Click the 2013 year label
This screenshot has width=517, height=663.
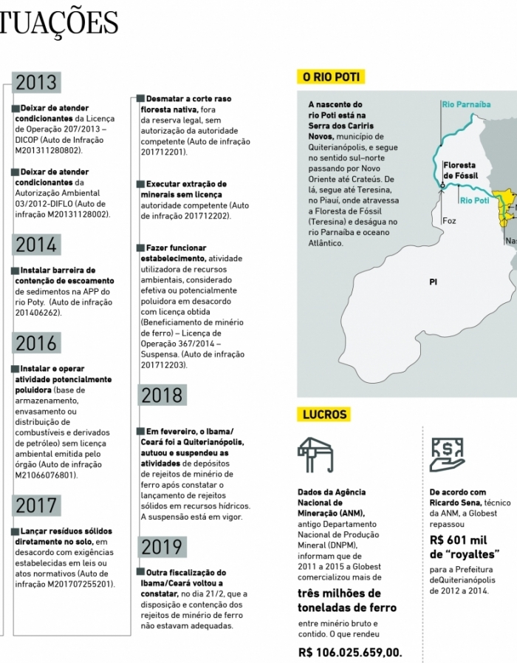coord(36,83)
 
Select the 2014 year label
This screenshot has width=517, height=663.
coord(36,245)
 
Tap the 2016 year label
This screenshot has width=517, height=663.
coord(36,343)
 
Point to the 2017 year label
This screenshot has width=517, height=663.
coord(36,506)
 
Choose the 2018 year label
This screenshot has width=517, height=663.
coord(162,395)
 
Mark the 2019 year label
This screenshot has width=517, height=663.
coord(162,547)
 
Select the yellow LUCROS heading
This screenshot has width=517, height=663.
coord(324,414)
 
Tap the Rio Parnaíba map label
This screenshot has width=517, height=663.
coord(466,104)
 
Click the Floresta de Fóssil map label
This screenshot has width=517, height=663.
coord(459,171)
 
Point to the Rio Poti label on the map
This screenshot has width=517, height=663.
coord(473,200)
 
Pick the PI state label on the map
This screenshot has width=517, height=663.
coord(433,282)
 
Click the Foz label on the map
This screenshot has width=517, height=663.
coord(449,221)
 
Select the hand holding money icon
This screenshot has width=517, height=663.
coord(447,455)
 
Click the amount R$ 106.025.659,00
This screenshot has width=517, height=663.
coord(350,652)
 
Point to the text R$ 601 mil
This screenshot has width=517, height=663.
coord(457,540)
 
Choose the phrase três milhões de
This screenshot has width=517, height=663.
coord(339,594)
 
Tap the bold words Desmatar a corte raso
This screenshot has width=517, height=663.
coord(188,98)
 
